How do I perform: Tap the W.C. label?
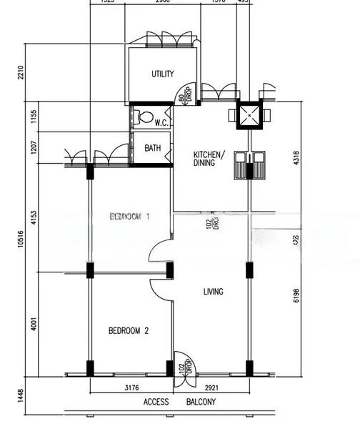161,122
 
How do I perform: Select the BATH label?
153,149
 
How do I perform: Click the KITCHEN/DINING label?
209,159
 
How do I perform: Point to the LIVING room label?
213,291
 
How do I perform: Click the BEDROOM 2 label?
129,330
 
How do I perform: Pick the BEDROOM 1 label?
129,216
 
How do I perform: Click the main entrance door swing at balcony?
184,365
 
